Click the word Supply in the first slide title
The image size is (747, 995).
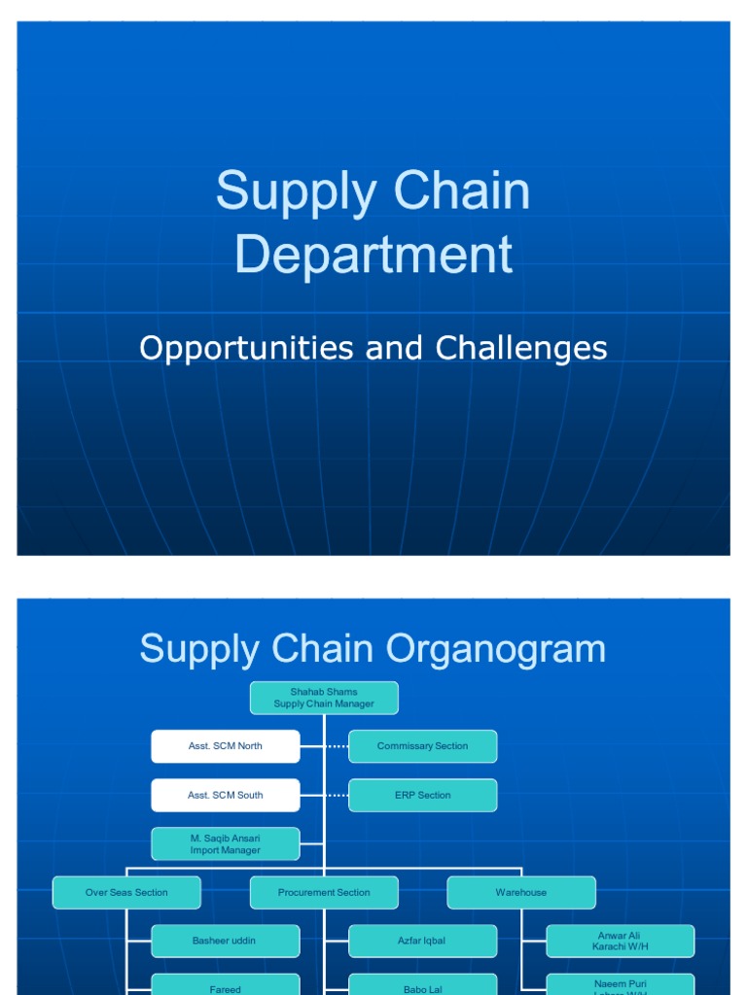click(x=292, y=191)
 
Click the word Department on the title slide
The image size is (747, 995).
click(x=373, y=255)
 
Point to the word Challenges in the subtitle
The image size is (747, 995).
click(x=521, y=348)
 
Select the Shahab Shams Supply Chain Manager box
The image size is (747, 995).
click(x=324, y=698)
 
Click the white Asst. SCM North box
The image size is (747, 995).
click(x=225, y=746)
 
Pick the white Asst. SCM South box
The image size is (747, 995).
click(x=225, y=795)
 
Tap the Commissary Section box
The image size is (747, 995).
click(x=422, y=746)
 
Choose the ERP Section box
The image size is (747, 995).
click(x=422, y=795)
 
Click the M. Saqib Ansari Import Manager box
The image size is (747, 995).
click(x=225, y=843)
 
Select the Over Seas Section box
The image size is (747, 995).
click(x=126, y=892)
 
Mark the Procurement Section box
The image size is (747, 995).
click(x=324, y=892)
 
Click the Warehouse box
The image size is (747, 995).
click(x=521, y=892)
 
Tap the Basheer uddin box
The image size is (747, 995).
click(x=225, y=941)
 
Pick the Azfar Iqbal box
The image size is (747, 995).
click(x=422, y=941)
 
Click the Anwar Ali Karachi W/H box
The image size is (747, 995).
click(x=620, y=941)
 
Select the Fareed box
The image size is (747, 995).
click(x=225, y=985)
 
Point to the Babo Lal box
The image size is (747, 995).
click(x=422, y=985)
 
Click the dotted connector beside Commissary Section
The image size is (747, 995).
click(x=337, y=746)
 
